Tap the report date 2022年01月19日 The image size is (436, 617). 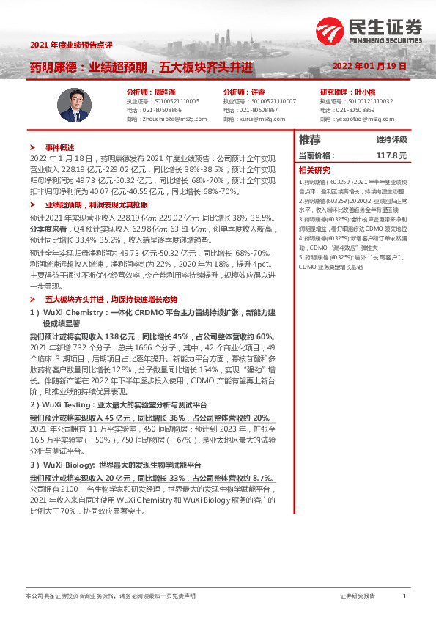click(374, 66)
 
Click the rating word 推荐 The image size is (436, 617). click(310, 140)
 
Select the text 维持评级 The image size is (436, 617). click(391, 140)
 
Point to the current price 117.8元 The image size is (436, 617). click(391, 156)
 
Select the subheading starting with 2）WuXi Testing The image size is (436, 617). click(118, 404)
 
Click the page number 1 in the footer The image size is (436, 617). click(404, 596)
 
